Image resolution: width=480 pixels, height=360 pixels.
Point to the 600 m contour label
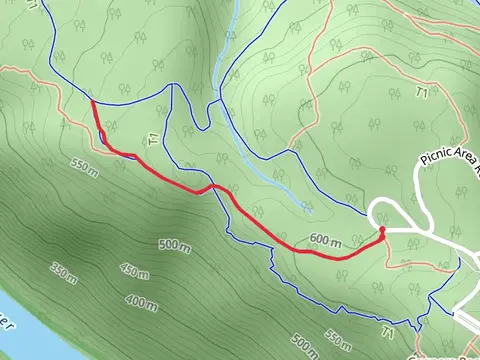click(326, 240)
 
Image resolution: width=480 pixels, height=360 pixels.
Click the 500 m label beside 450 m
click(174, 244)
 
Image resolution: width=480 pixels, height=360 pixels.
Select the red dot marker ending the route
click(382, 231)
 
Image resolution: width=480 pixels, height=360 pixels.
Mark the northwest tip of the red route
click(93, 101)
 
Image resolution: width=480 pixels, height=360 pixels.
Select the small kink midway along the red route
click(213, 186)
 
